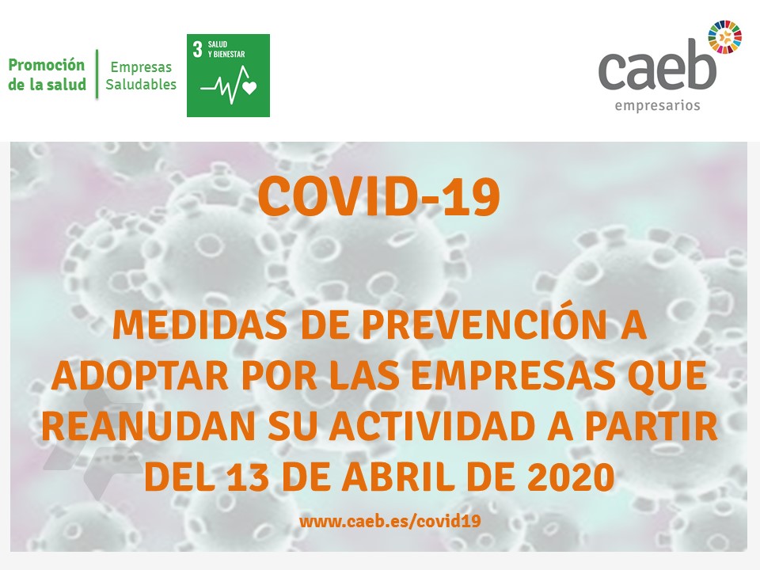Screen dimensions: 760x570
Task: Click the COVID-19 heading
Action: pos(379,197)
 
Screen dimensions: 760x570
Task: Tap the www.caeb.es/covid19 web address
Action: pos(390,521)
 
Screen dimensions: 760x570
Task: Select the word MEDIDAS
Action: pos(199,325)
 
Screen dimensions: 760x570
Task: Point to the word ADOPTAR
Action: pos(139,375)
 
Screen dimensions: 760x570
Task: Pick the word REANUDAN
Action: pos(148,426)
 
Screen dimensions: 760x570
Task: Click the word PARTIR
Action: pos(652,426)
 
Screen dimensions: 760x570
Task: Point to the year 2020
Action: pos(571,477)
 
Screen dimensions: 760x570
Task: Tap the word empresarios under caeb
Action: pos(657,105)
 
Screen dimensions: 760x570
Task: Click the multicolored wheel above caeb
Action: pos(724,37)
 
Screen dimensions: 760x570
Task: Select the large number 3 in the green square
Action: pos(197,49)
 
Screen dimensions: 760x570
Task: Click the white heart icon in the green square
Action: pos(249,88)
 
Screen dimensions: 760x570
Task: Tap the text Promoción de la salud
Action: pos(47,74)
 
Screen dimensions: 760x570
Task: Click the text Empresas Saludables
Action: pos(141,76)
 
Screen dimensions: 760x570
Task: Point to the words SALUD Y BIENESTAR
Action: pos(226,49)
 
